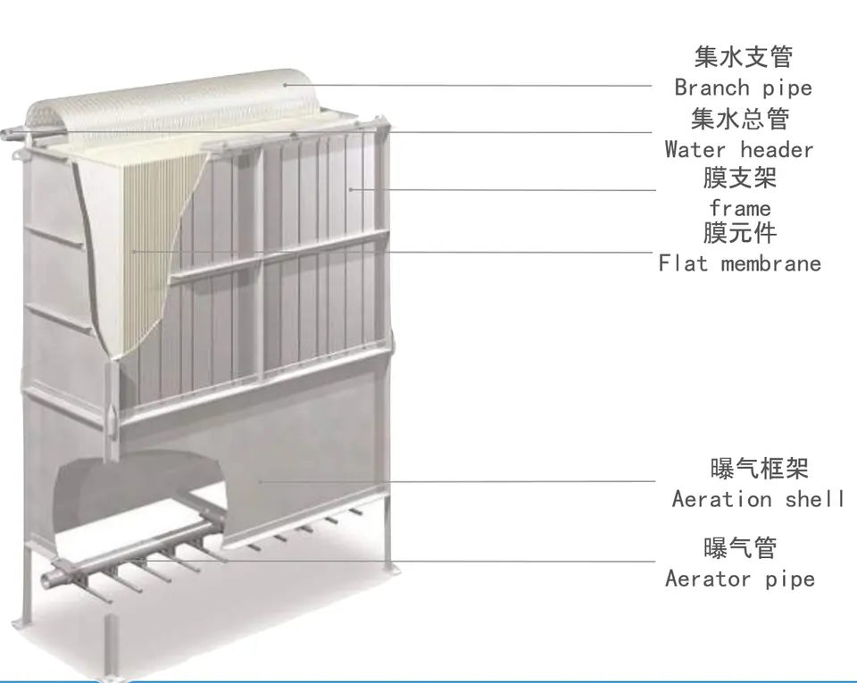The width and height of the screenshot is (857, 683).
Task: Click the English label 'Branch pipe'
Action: [743, 87]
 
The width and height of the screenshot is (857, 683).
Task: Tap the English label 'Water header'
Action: [738, 149]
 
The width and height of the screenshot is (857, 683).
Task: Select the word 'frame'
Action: [740, 209]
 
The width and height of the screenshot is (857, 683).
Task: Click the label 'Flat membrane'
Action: [739, 263]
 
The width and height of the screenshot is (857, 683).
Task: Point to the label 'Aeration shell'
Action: [758, 499]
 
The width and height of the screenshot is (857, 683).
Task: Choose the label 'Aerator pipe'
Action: [739, 579]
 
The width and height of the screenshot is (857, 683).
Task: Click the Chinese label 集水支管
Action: [743, 57]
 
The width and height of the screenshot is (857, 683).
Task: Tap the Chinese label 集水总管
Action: [740, 118]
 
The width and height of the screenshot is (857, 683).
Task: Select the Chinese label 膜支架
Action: [740, 178]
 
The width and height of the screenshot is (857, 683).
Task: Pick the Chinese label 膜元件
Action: [740, 234]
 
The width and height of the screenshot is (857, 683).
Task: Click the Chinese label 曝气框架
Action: [759, 468]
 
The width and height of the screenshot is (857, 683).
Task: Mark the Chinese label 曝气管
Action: [740, 547]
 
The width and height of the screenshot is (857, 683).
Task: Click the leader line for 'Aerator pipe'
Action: [446, 562]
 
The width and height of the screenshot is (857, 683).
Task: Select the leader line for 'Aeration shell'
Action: [464, 482]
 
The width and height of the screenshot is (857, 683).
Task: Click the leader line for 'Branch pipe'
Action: [473, 86]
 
